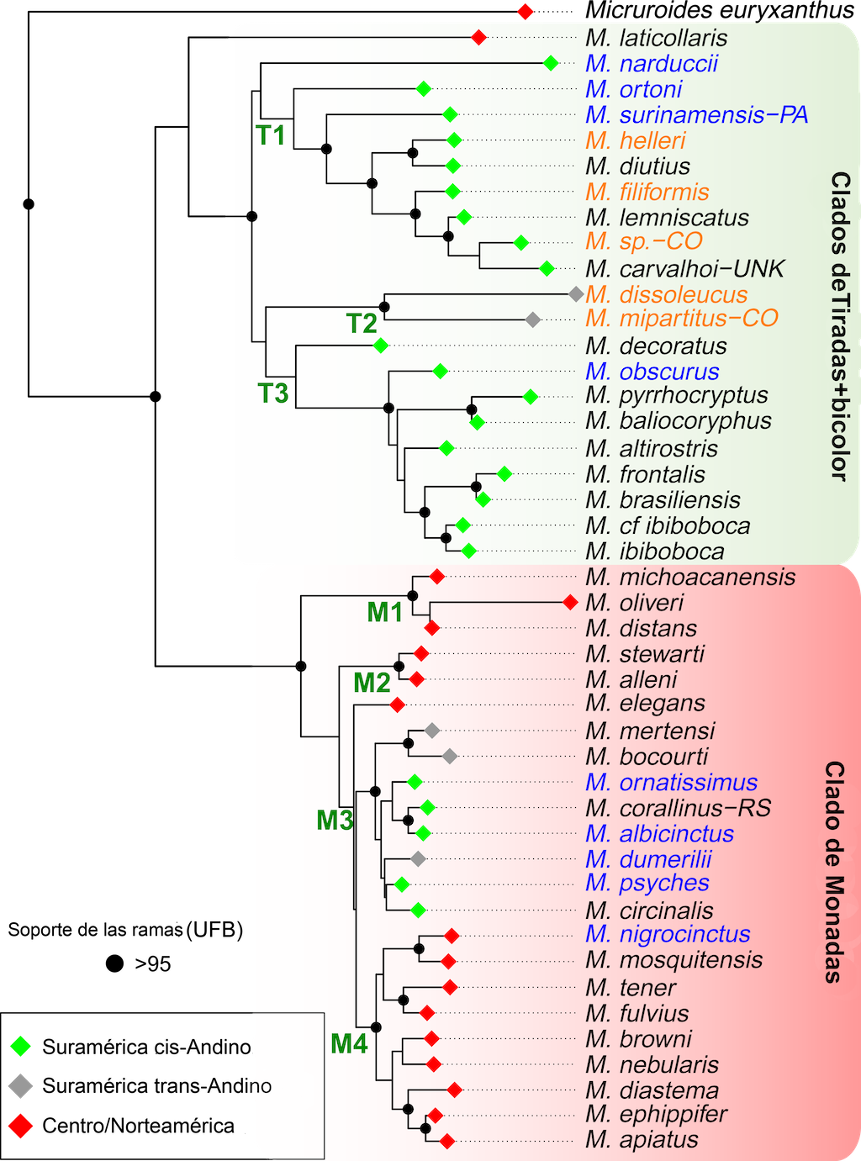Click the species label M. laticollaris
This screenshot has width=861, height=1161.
[x=657, y=38]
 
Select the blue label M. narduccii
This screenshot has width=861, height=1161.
[x=652, y=64]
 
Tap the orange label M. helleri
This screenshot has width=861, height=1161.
[x=636, y=140]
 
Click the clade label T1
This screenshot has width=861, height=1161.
[x=271, y=135]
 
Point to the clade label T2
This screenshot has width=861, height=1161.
[x=362, y=323]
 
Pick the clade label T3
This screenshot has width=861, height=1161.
[x=273, y=393]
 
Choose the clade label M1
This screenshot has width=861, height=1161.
[x=385, y=612]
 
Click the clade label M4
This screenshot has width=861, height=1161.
[x=349, y=1043]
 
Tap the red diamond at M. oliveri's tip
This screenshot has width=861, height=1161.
[x=570, y=602]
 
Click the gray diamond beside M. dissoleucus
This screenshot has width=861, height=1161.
[x=576, y=294]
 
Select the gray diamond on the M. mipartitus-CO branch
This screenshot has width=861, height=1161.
[x=532, y=319]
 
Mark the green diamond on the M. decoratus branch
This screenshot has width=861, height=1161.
[x=380, y=345]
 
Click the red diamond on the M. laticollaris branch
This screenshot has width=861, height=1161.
[x=478, y=38]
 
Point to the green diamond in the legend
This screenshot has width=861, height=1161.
[x=20, y=1047]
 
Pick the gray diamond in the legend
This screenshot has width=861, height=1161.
[x=20, y=1086]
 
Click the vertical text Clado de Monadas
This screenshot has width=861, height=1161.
[x=833, y=872]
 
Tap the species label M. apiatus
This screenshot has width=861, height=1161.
[x=642, y=1140]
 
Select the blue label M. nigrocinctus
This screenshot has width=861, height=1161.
[x=668, y=934]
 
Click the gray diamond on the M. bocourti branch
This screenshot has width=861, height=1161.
[x=450, y=756]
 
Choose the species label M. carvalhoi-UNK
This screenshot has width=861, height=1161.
[x=684, y=269]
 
